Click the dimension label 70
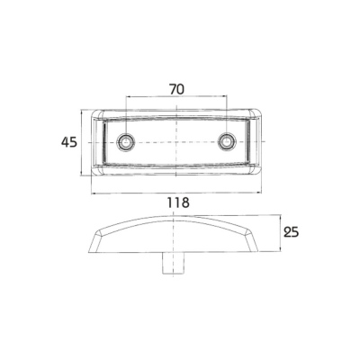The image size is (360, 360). [176, 89]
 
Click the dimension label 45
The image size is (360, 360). [69, 142]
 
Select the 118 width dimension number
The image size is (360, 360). [178, 202]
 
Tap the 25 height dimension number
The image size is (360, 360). [292, 232]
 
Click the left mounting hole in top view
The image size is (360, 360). [126, 141]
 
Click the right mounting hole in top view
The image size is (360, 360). [227, 141]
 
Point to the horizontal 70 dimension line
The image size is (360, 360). [176, 96]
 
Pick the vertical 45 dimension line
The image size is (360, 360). [82, 142]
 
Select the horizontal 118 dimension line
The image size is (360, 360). [176, 193]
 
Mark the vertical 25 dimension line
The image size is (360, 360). [280, 232]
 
